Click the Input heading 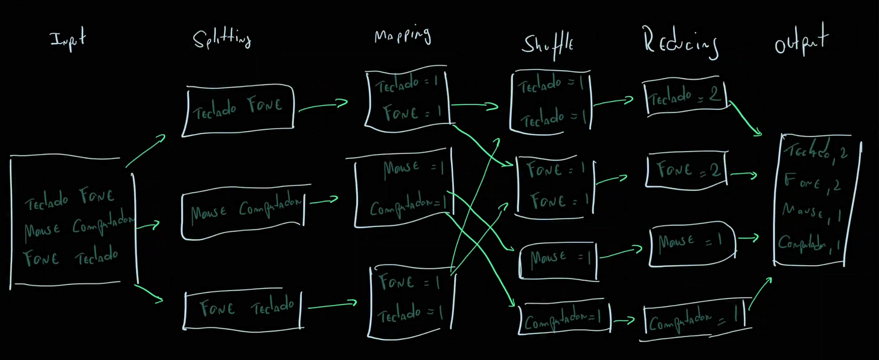click(68, 39)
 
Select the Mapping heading click(403, 36)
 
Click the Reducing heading click(681, 43)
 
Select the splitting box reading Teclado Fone click(238, 109)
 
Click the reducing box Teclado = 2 click(685, 96)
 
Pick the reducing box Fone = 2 click(686, 172)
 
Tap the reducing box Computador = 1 click(694, 318)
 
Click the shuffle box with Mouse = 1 click(558, 260)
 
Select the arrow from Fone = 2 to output click(743, 176)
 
